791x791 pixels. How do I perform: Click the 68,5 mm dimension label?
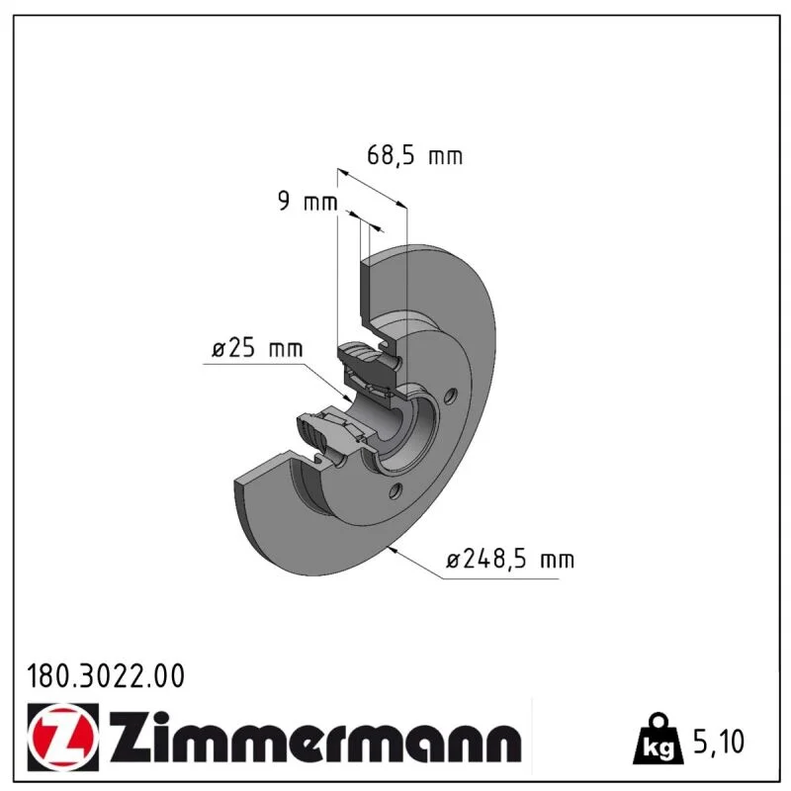(414, 155)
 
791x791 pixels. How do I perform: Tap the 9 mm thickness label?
(308, 201)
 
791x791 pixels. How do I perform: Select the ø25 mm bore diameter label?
(257, 348)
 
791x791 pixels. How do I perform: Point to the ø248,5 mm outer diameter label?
(510, 559)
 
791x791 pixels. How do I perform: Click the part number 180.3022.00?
(106, 676)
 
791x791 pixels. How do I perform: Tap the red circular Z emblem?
(62, 737)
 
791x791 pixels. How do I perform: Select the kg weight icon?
(659, 740)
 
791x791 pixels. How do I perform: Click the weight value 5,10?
(719, 742)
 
